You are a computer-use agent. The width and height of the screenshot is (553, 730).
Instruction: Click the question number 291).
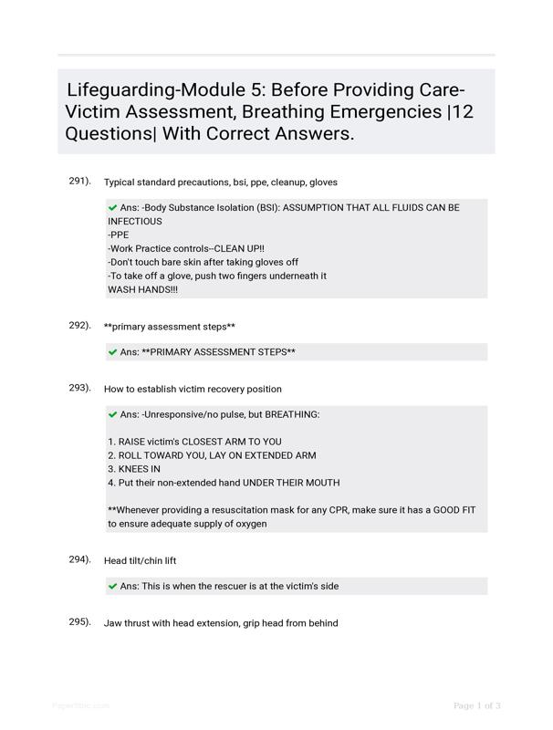point(79,181)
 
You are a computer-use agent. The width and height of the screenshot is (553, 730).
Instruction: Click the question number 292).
point(79,325)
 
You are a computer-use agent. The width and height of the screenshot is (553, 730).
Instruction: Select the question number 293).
point(79,388)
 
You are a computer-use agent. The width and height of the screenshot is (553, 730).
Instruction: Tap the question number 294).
point(79,559)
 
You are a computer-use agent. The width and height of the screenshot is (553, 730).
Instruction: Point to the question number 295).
point(79,622)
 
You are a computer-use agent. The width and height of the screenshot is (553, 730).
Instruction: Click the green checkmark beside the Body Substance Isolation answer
point(112,208)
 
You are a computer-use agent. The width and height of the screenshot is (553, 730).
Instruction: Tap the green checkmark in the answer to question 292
point(112,351)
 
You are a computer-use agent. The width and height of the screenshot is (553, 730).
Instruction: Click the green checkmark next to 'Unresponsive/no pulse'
point(112,414)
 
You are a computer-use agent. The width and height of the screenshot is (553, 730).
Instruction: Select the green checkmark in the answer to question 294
point(112,586)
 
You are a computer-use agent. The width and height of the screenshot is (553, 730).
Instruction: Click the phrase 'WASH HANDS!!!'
point(143,289)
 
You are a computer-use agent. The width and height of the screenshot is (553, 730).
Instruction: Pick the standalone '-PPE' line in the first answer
point(119,235)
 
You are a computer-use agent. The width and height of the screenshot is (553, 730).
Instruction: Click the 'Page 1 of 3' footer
point(476,705)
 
